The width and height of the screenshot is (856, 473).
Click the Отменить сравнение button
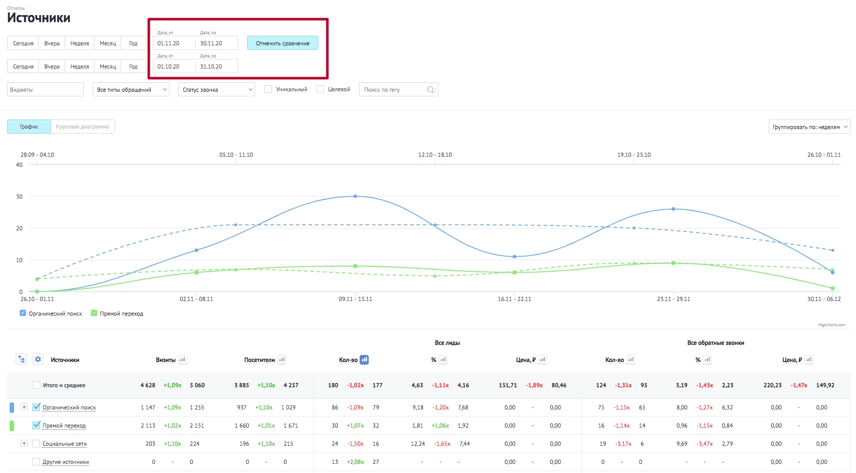pos(282,43)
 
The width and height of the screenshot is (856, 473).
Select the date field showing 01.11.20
pos(174,43)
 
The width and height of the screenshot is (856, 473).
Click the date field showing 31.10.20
pos(217,67)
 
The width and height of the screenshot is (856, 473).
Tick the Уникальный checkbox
pos(268,89)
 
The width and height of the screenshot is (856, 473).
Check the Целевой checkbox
pos(320,89)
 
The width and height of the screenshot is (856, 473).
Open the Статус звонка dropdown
pos(217,89)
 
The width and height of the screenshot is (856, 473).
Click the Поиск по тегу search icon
pos(431,89)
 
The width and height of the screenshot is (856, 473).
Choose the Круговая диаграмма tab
pos(82,127)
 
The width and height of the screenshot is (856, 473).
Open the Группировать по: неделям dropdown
pos(810,127)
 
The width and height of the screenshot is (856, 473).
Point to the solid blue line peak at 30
pos(356,196)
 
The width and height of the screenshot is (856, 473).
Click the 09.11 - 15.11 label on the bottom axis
pos(356,299)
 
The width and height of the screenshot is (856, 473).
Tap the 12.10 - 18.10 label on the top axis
pos(435,155)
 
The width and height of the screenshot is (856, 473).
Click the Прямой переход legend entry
pos(118,313)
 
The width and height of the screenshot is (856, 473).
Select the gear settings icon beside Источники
pos(38,359)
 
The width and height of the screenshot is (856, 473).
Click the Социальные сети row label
pos(65,444)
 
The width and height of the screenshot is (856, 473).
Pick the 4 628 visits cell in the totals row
pos(148,385)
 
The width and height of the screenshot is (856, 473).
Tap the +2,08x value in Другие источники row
pos(355,461)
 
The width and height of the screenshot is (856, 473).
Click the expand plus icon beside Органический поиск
pos(24,407)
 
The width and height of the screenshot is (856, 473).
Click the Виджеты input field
pos(45,89)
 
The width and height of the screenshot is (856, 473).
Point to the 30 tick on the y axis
pos(19,196)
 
